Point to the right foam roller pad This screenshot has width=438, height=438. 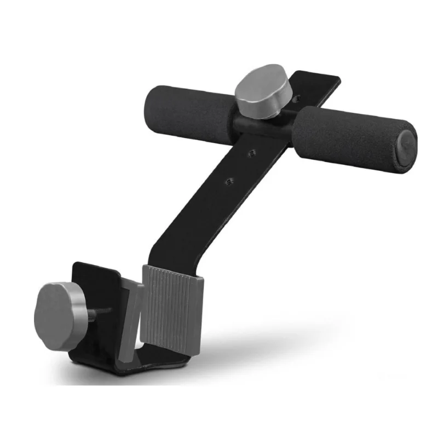350,137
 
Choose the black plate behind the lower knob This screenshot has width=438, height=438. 99,285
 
